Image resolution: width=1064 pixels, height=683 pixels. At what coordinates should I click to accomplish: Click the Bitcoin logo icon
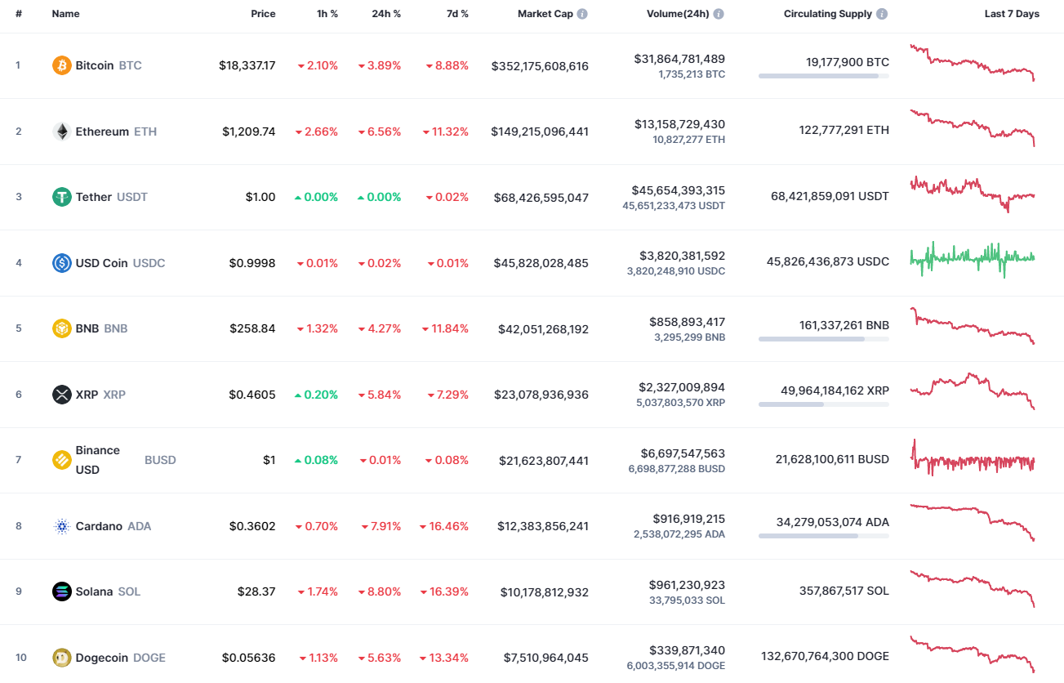(x=62, y=65)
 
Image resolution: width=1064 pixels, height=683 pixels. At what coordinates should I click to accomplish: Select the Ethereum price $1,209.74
(x=248, y=132)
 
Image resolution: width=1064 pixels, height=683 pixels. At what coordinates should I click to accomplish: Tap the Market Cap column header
(x=545, y=14)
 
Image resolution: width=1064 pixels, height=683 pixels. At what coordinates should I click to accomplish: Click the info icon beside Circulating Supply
(x=882, y=14)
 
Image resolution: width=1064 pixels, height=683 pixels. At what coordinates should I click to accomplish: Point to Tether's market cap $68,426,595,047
(x=541, y=198)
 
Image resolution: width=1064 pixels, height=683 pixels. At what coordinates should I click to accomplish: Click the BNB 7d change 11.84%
(x=445, y=328)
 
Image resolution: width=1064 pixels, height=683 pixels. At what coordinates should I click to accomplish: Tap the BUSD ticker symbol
(x=160, y=460)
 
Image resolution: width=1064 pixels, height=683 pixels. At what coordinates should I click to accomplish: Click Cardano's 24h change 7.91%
(x=380, y=526)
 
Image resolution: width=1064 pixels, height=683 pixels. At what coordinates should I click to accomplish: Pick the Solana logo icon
(x=62, y=591)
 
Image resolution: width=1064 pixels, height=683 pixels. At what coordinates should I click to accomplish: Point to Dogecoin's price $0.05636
(x=248, y=658)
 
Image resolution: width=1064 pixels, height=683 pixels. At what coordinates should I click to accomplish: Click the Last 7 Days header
(x=1012, y=14)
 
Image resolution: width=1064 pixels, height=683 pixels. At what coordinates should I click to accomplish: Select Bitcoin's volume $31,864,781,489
(x=679, y=59)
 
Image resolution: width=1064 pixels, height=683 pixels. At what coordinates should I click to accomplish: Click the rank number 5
(x=19, y=328)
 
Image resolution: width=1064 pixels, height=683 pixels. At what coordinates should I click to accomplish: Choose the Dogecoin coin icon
(x=62, y=658)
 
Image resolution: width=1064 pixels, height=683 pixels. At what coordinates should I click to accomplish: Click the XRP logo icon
(x=62, y=395)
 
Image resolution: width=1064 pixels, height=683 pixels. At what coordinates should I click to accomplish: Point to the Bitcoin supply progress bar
(x=823, y=76)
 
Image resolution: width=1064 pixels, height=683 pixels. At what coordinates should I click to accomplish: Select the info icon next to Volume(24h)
(x=719, y=14)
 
